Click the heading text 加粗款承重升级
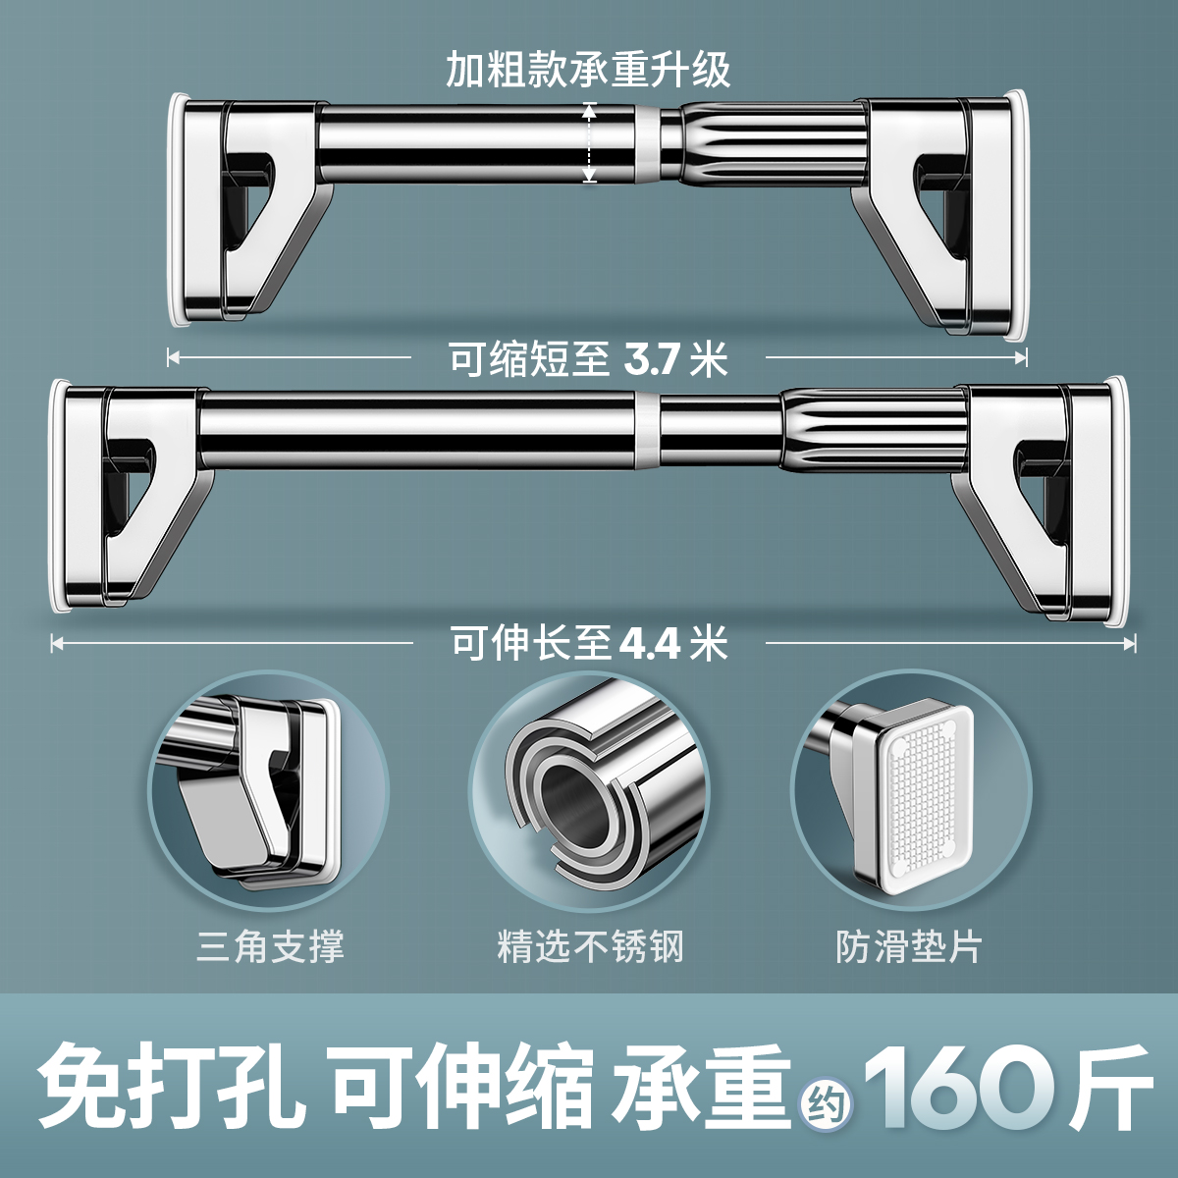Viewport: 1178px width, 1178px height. point(588,70)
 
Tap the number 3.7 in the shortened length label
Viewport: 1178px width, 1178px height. point(652,360)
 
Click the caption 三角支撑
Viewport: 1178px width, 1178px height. point(270,947)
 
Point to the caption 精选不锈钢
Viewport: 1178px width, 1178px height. point(589,947)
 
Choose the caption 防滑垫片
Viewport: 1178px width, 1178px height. point(908,947)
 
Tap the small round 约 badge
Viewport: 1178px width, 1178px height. point(825,1105)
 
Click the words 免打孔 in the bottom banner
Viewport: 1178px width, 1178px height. point(167,1085)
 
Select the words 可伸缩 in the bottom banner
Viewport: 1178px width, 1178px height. point(461,1085)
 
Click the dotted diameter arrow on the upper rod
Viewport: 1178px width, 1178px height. point(589,142)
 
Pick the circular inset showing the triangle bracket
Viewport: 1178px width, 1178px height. point(268,790)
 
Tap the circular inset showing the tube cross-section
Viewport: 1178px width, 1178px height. point(589,790)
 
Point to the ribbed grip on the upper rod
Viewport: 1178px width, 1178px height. point(776,142)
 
